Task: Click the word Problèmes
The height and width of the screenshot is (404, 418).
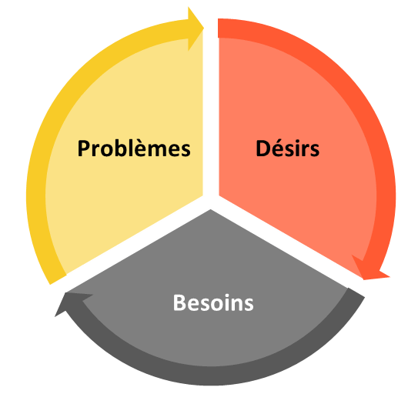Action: tap(133, 148)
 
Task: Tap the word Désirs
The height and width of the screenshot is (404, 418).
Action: tap(287, 148)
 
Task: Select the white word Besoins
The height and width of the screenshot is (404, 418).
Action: tap(213, 302)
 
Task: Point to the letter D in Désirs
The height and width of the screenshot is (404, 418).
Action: tap(263, 148)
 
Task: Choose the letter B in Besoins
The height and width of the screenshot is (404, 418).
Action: tap(179, 302)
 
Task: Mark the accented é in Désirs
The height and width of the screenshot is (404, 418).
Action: tap(277, 146)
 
